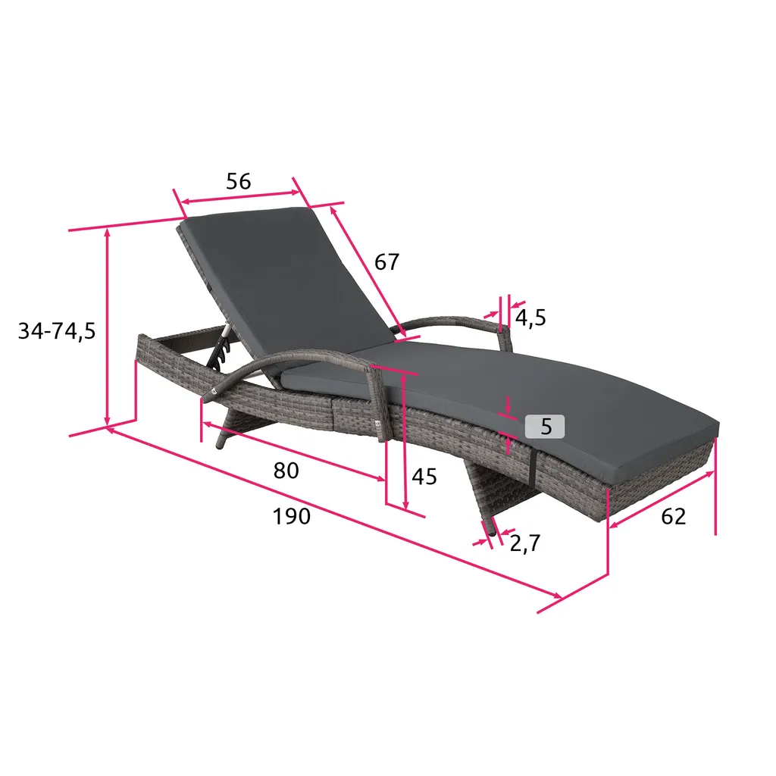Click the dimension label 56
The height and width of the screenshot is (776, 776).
239,182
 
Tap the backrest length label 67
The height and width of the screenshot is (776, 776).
386,262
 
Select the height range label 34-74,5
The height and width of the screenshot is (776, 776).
56,330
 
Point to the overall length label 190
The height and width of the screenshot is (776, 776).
292,516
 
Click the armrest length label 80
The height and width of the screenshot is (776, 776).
286,471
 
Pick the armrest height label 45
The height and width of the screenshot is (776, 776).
424,477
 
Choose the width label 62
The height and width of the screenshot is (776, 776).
674,517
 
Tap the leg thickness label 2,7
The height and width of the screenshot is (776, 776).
525,544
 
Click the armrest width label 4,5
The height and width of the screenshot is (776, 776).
530,318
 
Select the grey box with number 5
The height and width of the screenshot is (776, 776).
545,426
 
